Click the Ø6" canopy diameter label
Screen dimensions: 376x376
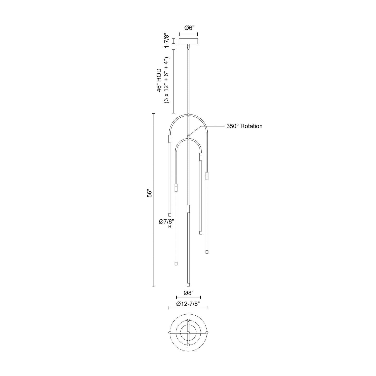click(x=188, y=28)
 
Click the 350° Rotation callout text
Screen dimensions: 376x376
click(x=244, y=126)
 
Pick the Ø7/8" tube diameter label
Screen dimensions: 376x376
click(x=166, y=221)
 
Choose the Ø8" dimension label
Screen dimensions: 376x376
click(x=188, y=293)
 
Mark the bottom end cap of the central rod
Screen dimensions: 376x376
click(x=188, y=285)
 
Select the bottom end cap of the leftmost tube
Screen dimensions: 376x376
click(x=170, y=215)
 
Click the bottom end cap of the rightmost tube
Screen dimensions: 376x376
click(x=207, y=252)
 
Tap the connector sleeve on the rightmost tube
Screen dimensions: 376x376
click(x=207, y=176)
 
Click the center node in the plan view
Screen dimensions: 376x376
click(x=188, y=333)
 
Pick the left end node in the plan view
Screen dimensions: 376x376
click(x=170, y=333)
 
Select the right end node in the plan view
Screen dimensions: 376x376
click(x=207, y=333)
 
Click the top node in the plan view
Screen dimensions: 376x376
click(x=188, y=320)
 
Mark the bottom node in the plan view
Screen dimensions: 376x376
click(x=188, y=345)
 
